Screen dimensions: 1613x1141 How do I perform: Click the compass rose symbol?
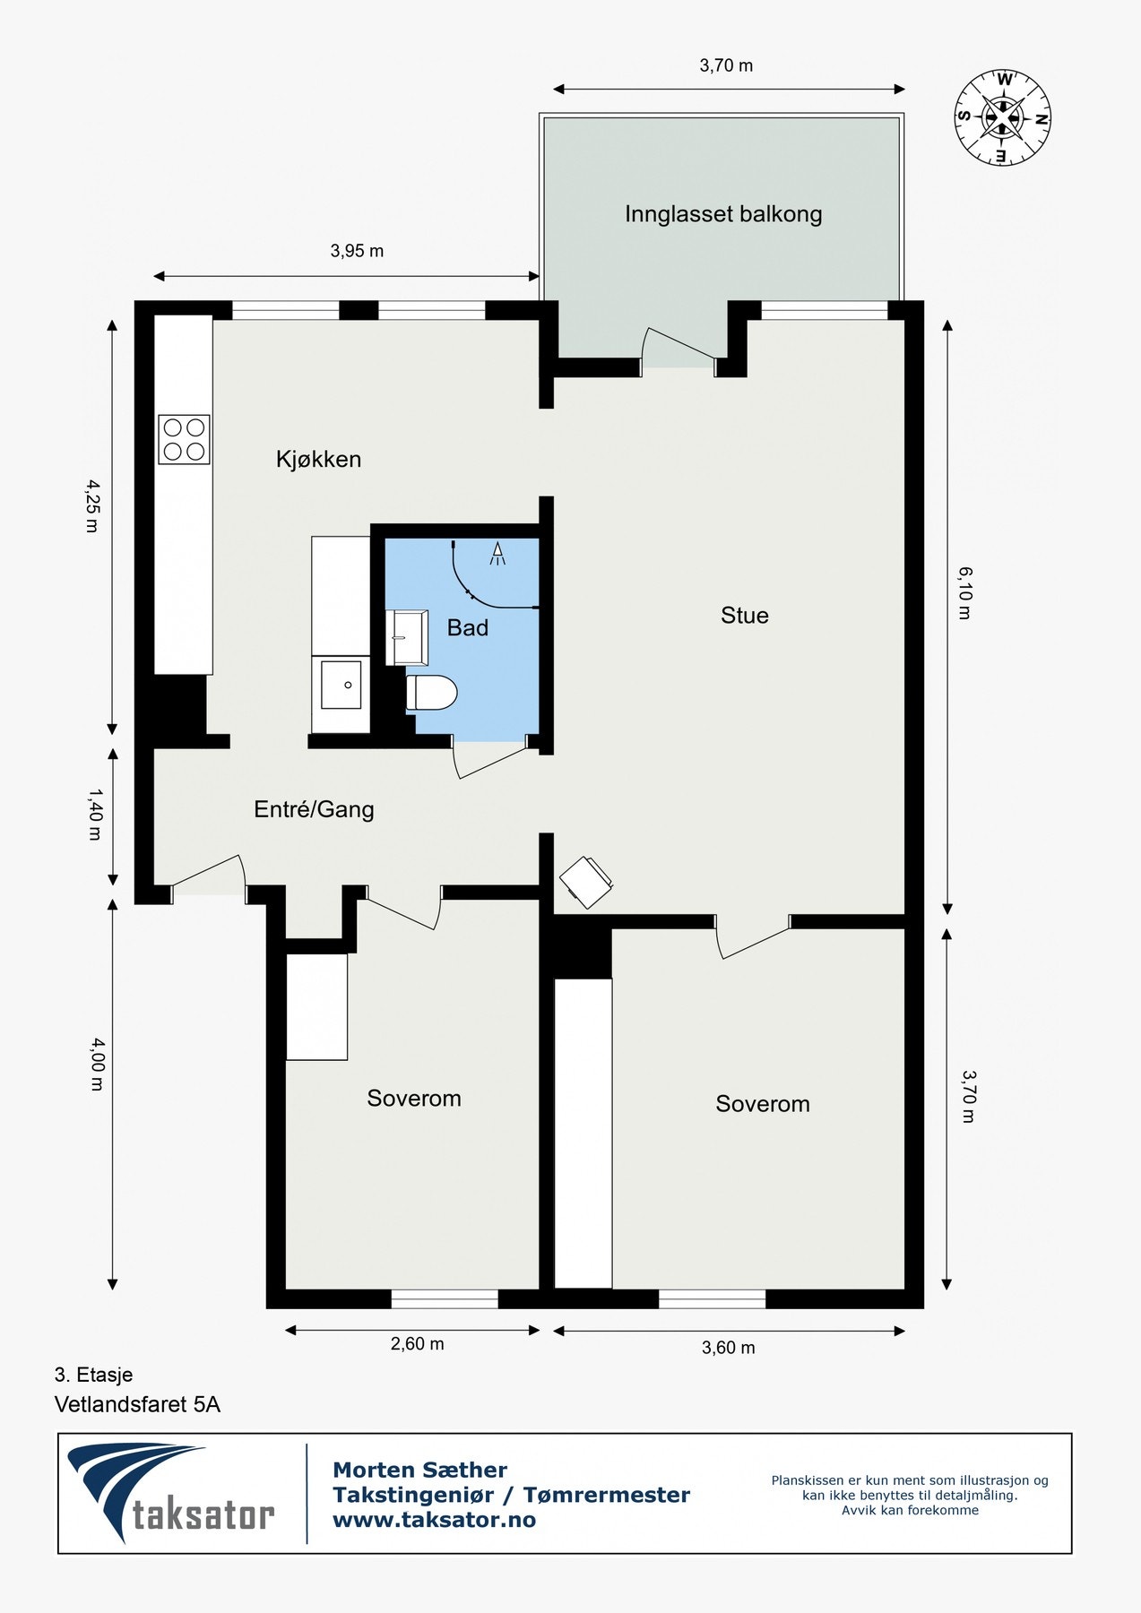[x=1002, y=117]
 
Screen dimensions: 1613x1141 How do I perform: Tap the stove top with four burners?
[x=185, y=439]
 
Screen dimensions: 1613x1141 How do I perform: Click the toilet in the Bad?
[x=431, y=693]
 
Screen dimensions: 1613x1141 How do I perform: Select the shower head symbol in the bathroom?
[x=497, y=554]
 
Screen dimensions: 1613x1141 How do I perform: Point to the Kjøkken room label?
[x=318, y=460]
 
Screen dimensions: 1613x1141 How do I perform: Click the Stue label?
[x=744, y=616]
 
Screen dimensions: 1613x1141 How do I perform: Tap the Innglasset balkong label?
[x=722, y=214]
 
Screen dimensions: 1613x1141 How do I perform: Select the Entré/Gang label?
[x=314, y=809]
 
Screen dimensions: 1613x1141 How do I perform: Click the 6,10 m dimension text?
[x=964, y=592]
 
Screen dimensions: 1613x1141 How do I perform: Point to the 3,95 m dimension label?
[x=357, y=251]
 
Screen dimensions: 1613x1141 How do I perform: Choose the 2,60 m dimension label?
[x=417, y=1343]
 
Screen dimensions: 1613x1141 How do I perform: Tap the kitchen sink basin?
[x=341, y=685]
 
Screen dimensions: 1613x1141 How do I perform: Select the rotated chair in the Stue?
[x=586, y=882]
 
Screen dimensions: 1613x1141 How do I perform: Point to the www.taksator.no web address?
[x=434, y=1520]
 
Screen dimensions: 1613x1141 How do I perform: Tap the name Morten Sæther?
[x=419, y=1470]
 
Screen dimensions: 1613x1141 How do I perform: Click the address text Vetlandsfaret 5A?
[x=137, y=1404]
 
